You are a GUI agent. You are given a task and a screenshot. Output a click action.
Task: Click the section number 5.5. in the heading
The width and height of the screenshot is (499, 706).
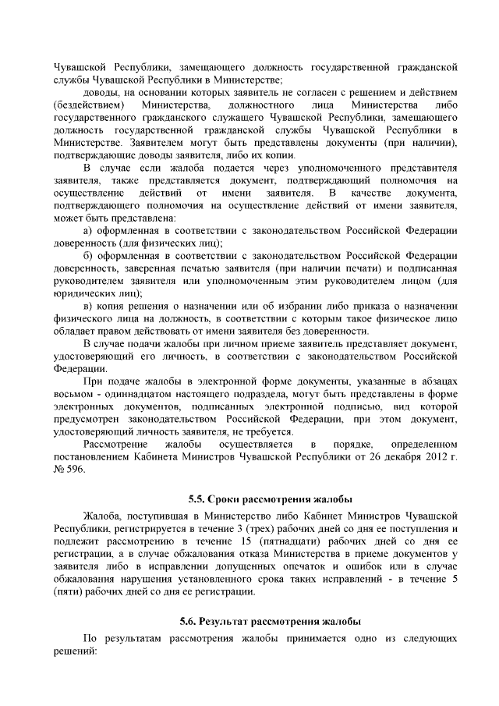pos(197,498)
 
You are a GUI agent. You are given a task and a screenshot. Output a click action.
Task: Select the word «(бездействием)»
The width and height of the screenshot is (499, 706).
pos(88,105)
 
